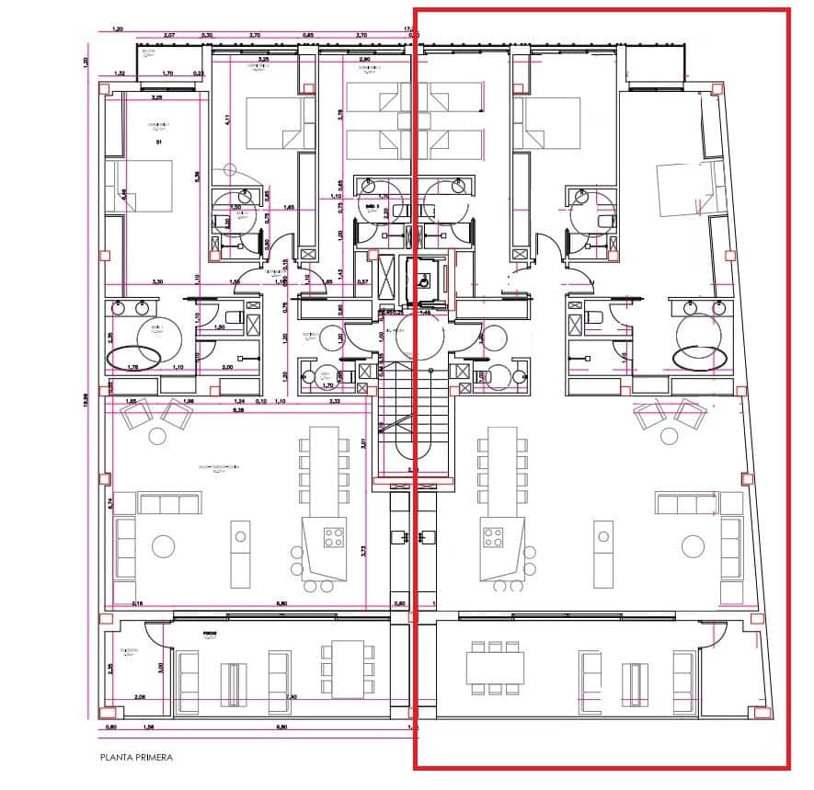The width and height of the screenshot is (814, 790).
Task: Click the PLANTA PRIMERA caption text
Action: [x=136, y=758]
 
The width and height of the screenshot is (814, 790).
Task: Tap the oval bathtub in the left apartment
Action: [x=134, y=356]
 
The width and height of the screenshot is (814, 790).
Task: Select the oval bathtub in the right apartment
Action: [x=700, y=356]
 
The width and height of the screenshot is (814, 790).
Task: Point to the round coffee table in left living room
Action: [x=163, y=546]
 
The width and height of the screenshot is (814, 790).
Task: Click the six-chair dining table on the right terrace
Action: [x=495, y=666]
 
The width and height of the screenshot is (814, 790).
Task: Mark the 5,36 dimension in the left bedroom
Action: [x=197, y=177]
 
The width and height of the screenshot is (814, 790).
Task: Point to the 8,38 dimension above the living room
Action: [x=238, y=411]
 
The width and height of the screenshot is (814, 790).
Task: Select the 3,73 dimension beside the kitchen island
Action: [x=364, y=552]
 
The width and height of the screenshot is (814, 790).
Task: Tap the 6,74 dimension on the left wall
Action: [x=109, y=503]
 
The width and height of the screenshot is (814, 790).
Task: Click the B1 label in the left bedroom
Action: [x=158, y=143]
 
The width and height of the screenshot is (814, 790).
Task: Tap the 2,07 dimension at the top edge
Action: [x=169, y=35]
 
